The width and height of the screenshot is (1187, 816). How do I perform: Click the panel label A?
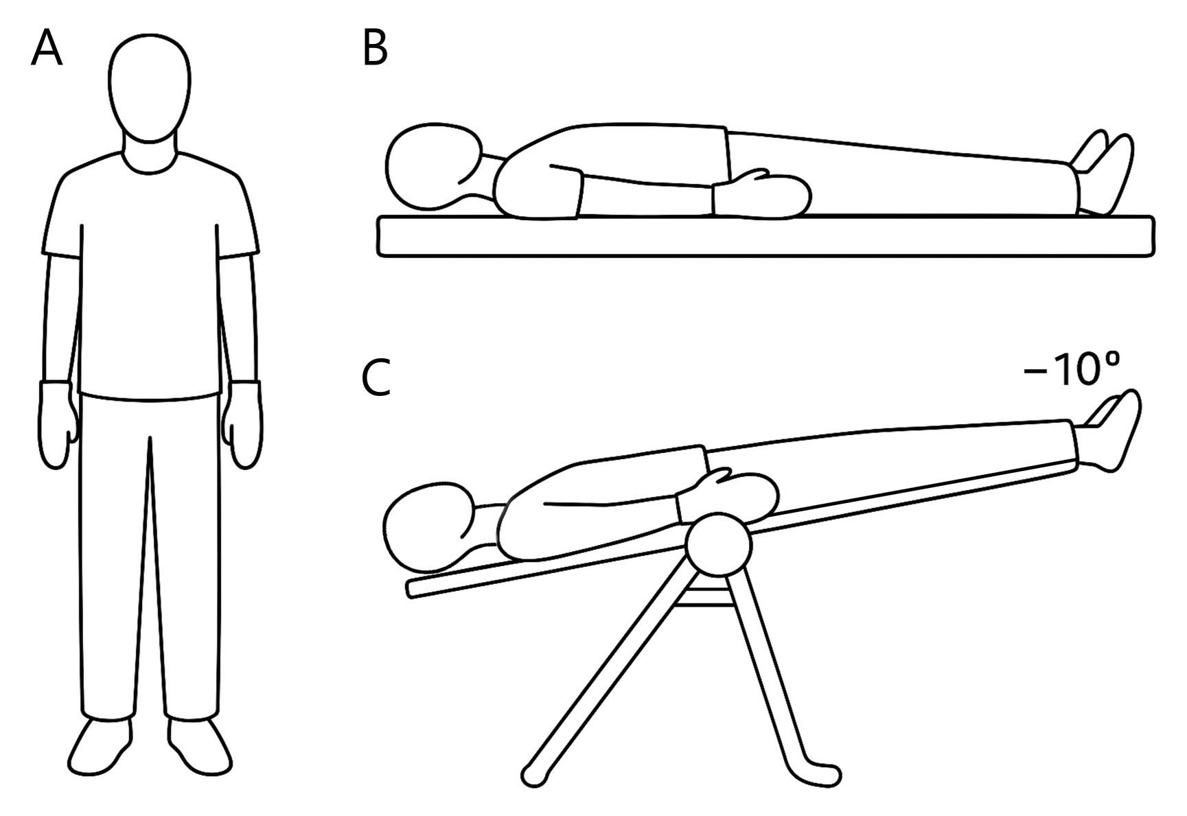[47, 49]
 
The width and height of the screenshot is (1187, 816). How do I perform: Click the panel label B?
[375, 49]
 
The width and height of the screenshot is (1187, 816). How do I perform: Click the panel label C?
[376, 378]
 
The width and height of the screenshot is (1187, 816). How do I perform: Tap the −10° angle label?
[1072, 371]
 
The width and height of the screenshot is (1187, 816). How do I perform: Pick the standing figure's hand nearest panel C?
[241, 424]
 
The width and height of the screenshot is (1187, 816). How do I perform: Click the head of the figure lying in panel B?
[435, 167]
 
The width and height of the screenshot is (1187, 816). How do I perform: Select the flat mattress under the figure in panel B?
[765, 237]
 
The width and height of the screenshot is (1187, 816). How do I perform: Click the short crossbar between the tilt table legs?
[704, 598]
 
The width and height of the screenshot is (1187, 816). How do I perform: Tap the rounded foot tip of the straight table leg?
[534, 776]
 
